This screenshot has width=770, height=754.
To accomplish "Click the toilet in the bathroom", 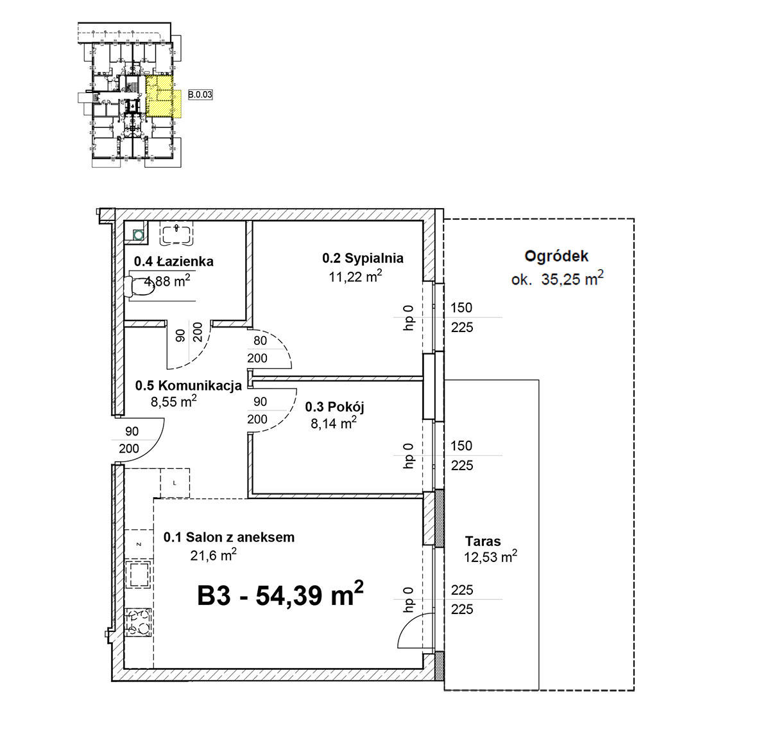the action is (139, 286).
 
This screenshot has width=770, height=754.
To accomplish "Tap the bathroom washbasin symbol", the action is (176, 234).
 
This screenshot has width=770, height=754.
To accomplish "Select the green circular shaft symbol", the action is (137, 235).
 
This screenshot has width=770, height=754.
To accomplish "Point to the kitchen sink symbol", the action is (138, 575).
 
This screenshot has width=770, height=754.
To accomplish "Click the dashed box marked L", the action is (175, 483).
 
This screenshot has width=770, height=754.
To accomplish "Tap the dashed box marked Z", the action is (139, 544).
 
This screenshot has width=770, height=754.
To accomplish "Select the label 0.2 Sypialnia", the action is (363, 258).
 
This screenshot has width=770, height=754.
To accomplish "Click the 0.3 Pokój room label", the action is (334, 407).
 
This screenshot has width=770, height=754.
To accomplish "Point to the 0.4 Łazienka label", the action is (174, 261).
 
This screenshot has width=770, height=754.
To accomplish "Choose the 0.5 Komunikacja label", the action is (189, 385).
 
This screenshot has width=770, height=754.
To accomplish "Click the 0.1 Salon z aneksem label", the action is (229, 537).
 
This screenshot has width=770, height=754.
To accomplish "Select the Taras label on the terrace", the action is (483, 541).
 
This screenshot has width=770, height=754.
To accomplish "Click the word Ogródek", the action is (556, 256).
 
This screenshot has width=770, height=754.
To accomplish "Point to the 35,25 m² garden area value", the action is (572, 279).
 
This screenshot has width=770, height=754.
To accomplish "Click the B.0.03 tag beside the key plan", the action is (200, 95).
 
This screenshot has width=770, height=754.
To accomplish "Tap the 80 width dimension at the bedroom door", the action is (260, 340).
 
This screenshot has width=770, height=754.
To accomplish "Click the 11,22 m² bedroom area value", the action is (355, 276).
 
